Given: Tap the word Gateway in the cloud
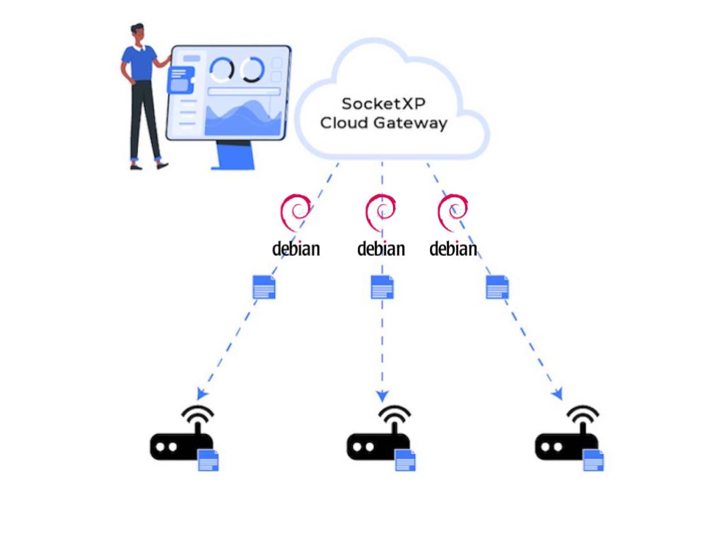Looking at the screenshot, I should click(417, 123).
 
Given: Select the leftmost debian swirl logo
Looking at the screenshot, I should click(296, 213).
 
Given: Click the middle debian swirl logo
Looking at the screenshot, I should click(380, 213).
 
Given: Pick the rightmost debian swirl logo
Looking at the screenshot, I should click(453, 213).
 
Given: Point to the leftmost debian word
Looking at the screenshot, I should click(296, 249).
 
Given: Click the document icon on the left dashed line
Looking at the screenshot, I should click(264, 287).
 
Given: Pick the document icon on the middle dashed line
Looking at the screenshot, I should click(382, 287).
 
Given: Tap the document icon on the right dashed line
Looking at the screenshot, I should click(497, 287).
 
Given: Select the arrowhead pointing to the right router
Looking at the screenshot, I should click(558, 393).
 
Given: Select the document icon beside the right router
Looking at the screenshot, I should click(593, 460).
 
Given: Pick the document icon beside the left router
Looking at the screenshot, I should click(208, 460).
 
